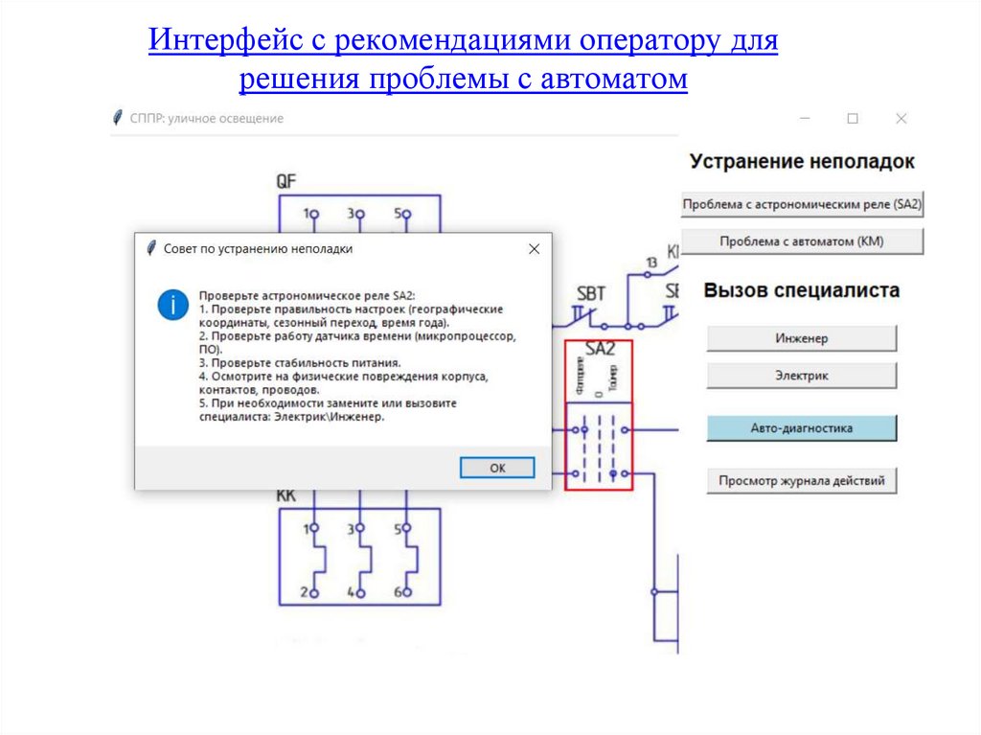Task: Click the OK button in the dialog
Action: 497,468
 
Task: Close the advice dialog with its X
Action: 535,249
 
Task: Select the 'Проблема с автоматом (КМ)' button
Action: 802,241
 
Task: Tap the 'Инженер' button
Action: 802,338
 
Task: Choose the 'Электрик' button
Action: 802,376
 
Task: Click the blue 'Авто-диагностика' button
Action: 802,428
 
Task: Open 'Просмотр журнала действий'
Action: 802,480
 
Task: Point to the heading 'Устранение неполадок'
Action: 802,162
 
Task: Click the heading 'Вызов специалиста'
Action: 802,290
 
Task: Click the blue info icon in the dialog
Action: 172,305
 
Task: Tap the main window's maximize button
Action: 853,119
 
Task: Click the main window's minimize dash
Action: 806,119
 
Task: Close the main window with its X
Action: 901,119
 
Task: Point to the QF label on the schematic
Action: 286,180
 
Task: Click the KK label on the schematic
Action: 285,495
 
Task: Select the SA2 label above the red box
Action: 599,349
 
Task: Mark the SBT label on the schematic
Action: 591,293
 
